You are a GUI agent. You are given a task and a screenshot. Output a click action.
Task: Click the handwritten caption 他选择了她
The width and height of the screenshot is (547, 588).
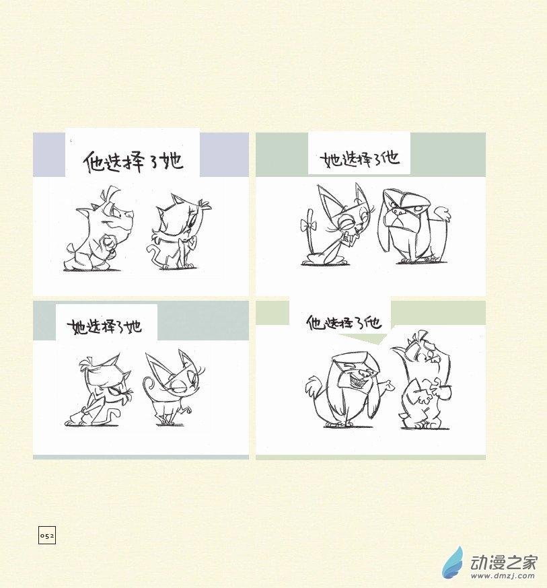[x=133, y=161]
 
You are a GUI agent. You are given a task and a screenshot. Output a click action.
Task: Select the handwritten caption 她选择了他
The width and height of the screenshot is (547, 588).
[x=359, y=159]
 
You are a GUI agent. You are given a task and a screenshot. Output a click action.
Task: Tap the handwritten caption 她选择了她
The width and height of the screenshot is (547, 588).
[x=104, y=326]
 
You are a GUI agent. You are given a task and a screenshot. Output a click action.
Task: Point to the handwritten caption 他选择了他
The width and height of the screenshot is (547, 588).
[x=344, y=323]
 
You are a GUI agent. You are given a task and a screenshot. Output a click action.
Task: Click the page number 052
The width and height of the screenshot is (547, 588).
[x=47, y=535]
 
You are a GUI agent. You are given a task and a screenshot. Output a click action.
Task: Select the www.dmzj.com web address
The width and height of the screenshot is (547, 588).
[x=503, y=576]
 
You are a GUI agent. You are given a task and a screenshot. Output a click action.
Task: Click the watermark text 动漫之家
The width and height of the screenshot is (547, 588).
[x=503, y=561]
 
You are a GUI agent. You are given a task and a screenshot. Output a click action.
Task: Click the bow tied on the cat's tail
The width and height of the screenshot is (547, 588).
[x=309, y=225]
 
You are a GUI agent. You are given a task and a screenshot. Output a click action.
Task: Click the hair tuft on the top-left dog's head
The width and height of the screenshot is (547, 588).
[x=110, y=194]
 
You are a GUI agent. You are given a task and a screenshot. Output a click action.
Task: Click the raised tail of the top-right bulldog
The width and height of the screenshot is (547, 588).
[x=443, y=214]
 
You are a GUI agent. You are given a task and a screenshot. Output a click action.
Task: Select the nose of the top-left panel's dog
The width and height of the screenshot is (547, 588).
[x=130, y=214]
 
